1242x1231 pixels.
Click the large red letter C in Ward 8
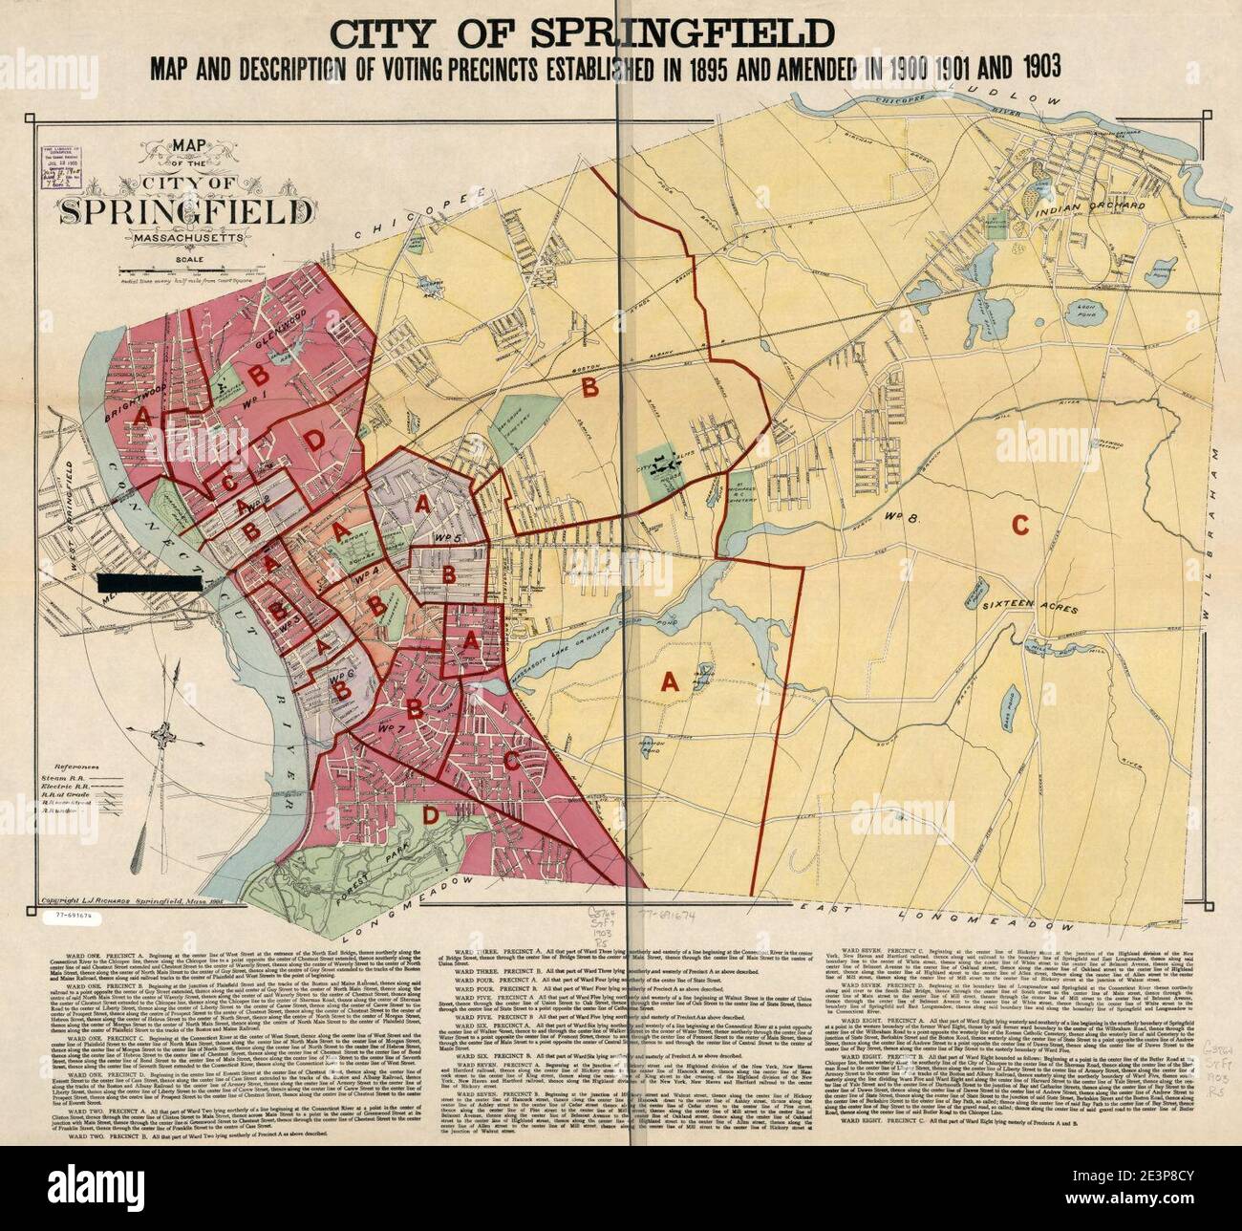pos(1019,525)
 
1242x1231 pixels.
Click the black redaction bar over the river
pos(148,580)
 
